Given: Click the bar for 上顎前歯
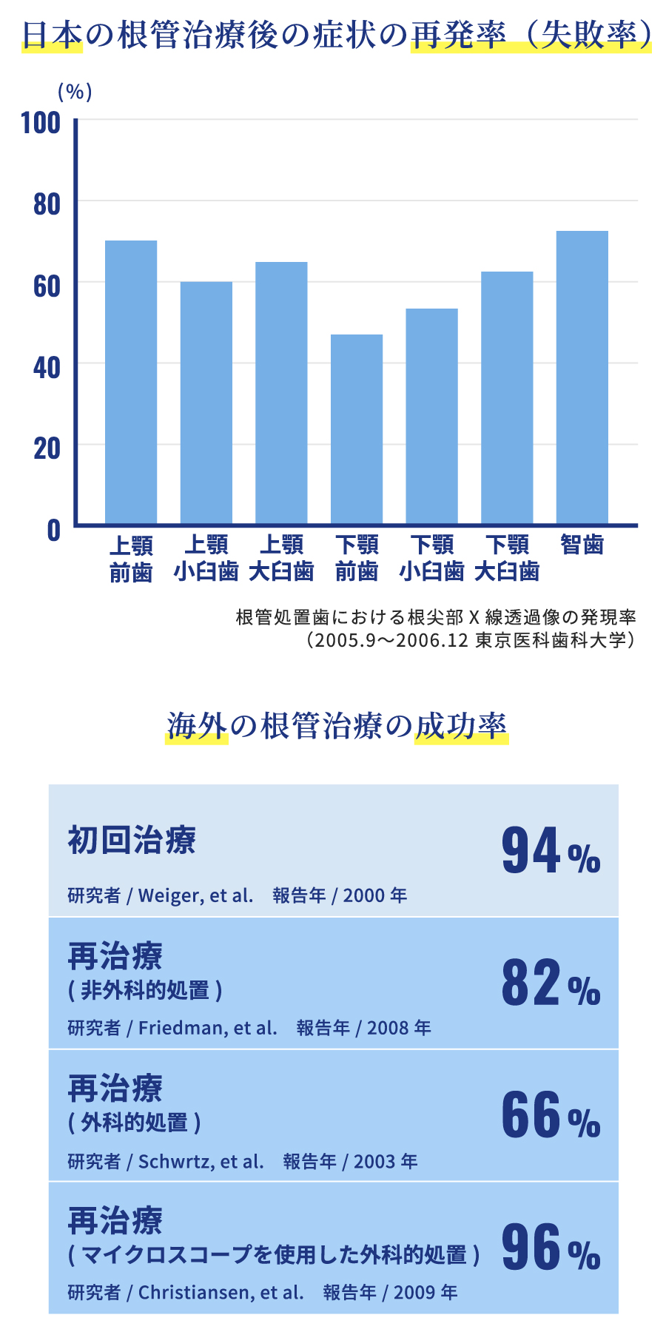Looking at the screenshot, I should [131, 382].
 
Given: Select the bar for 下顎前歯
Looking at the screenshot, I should [357, 429].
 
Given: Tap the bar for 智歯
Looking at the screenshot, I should [582, 377].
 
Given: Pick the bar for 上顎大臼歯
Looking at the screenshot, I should [281, 393].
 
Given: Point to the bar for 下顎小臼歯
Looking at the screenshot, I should [432, 416].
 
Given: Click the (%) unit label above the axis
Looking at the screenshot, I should [75, 92].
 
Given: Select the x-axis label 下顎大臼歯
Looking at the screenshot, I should [507, 558].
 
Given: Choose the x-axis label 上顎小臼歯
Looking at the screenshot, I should [206, 558].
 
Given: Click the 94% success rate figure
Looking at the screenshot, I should [550, 851].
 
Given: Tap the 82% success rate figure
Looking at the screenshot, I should [550, 983].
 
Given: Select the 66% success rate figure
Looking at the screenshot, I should [550, 1116].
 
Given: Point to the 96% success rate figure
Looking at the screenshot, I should [550, 1248].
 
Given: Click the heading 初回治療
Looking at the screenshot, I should [132, 841].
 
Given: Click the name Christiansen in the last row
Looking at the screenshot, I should [194, 1293].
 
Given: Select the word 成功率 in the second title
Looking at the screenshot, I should [460, 726].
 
